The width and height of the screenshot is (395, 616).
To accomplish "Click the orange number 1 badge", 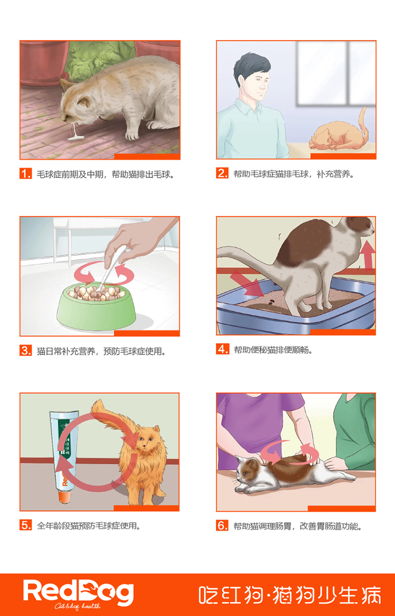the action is click(x=26, y=174).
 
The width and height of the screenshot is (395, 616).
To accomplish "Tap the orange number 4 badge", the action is click(x=222, y=349).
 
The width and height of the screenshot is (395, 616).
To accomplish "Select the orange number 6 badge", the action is click(x=222, y=525).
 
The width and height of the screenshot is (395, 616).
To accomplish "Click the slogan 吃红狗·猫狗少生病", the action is click(x=290, y=595).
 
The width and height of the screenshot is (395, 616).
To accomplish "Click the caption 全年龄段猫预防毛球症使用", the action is click(x=89, y=525).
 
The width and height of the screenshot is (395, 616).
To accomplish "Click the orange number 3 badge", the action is click(x=26, y=351).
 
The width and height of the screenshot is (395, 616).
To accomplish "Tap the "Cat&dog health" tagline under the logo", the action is click(x=77, y=606).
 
